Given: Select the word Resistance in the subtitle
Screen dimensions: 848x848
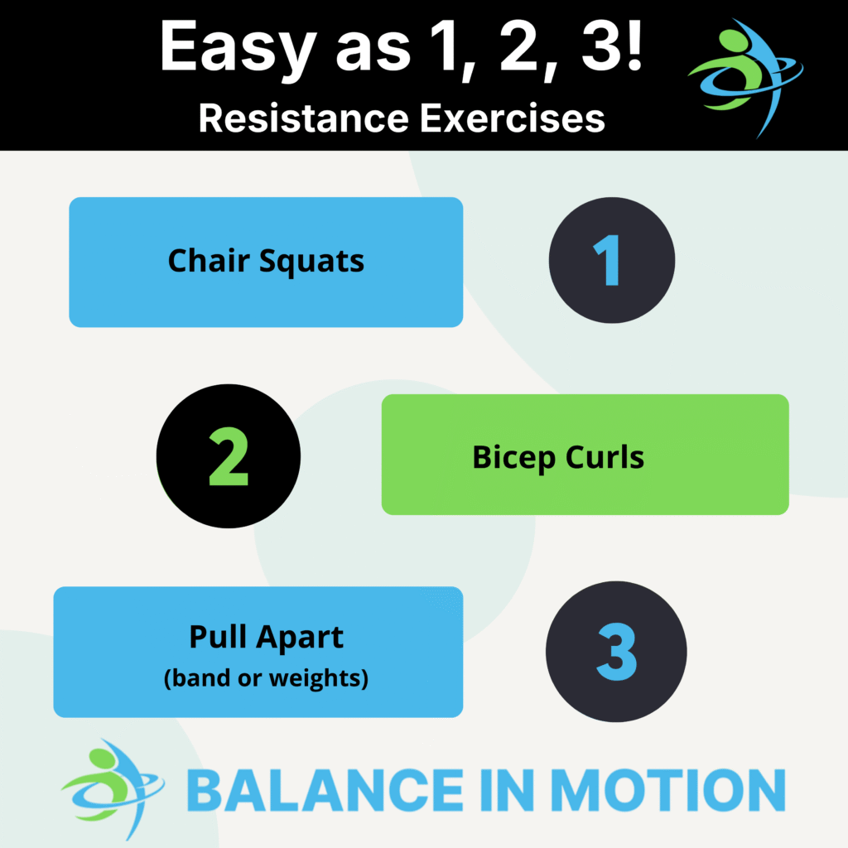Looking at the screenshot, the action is coord(304,118).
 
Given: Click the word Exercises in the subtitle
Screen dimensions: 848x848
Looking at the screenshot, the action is coord(513,118).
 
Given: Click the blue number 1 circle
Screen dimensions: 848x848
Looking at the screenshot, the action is coord(612,260).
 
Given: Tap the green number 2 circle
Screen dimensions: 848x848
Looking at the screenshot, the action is coord(229,456).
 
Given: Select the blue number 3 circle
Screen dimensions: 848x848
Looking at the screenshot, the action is coord(616,652).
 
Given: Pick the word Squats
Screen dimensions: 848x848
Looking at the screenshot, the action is coord(311,263).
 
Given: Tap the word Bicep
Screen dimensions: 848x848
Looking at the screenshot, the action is coord(513,459).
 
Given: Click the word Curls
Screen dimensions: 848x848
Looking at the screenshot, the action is coord(605,457).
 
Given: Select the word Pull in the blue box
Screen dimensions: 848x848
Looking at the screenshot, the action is coord(218,636).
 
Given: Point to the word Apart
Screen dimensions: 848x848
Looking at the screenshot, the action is coord(300,638).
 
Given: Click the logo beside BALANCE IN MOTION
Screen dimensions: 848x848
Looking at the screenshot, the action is coord(113,789).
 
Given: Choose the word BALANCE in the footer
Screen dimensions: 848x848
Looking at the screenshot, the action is coord(325,790).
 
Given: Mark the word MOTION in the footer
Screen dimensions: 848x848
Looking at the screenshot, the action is coord(668,790).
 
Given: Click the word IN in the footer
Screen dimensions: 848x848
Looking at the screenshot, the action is coord(507,790).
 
